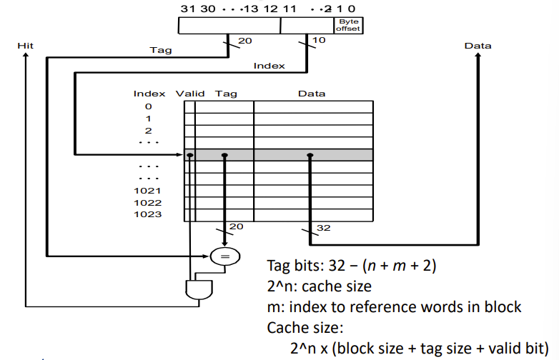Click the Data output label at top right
(x=478, y=46)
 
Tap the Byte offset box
(x=349, y=25)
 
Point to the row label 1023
(x=148, y=214)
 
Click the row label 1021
(x=148, y=191)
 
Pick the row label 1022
(x=148, y=203)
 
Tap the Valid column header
(x=190, y=94)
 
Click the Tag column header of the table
(x=226, y=94)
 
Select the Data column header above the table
(x=311, y=94)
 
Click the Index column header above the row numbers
(x=149, y=94)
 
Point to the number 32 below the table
(x=322, y=229)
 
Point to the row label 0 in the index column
(x=148, y=106)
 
